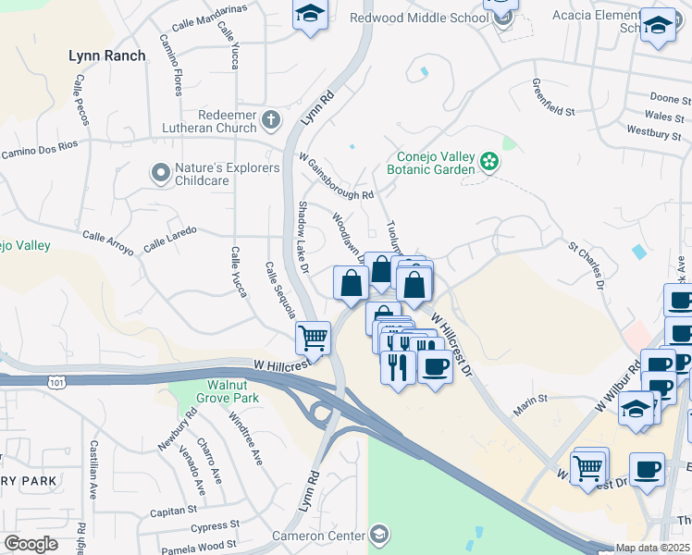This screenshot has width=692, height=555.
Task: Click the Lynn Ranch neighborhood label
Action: point(107,55)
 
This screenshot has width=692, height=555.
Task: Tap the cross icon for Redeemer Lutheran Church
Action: point(271,118)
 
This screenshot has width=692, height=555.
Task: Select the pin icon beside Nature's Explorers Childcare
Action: point(161,173)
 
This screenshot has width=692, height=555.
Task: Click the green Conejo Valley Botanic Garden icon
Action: point(490,164)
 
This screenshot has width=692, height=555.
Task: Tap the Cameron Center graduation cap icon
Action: point(378,534)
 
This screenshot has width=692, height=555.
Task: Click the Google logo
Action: point(31,544)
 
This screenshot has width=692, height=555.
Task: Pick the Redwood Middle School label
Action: point(419,18)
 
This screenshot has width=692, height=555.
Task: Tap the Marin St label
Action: point(531,399)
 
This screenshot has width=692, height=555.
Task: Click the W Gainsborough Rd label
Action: point(336,177)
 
